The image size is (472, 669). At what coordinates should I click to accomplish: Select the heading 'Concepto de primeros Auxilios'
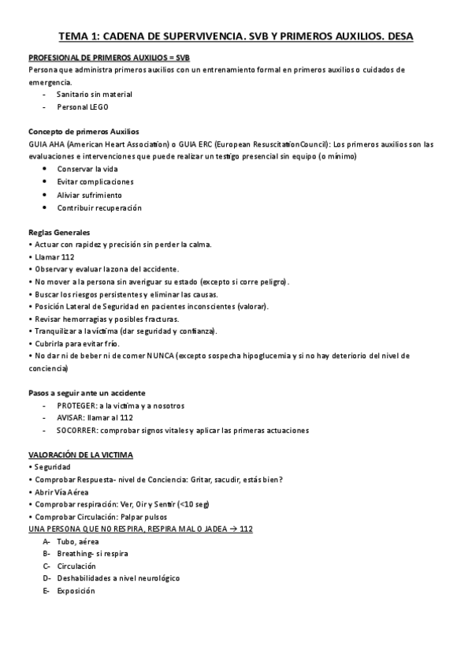84,131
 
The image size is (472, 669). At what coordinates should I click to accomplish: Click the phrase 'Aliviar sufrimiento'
89,195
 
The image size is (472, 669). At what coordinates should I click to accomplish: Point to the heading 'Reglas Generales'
59,233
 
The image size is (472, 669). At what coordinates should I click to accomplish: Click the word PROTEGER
76,406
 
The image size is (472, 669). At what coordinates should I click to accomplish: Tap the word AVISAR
72,418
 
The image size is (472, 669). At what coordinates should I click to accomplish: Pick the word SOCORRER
78,431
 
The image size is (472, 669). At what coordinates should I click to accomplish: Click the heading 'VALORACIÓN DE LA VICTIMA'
81,455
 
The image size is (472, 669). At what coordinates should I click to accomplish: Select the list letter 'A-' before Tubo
47,541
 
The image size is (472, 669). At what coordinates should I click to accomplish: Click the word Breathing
76,554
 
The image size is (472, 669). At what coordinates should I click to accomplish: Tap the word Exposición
76,591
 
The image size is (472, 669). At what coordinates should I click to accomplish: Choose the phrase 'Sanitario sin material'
95,94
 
